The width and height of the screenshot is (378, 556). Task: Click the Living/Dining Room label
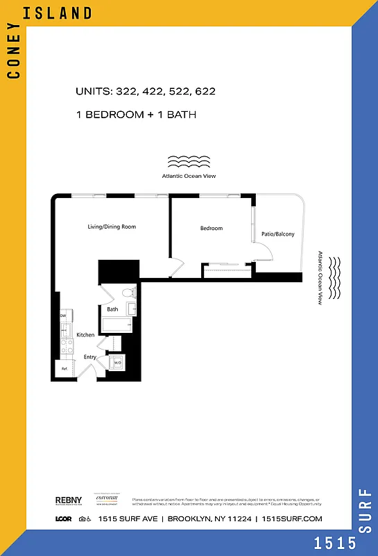[x=111, y=227]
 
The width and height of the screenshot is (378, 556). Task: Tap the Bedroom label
[x=212, y=229]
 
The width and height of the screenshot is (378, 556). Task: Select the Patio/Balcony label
[x=277, y=234]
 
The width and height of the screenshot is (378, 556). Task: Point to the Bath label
[x=112, y=309]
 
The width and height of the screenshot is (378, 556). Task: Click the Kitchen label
[x=85, y=335]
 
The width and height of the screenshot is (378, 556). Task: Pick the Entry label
[x=90, y=357]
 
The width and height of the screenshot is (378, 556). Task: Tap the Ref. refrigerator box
[x=65, y=368]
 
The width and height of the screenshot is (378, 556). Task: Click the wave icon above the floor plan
[x=189, y=163]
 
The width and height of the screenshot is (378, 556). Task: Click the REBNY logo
[x=69, y=500]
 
